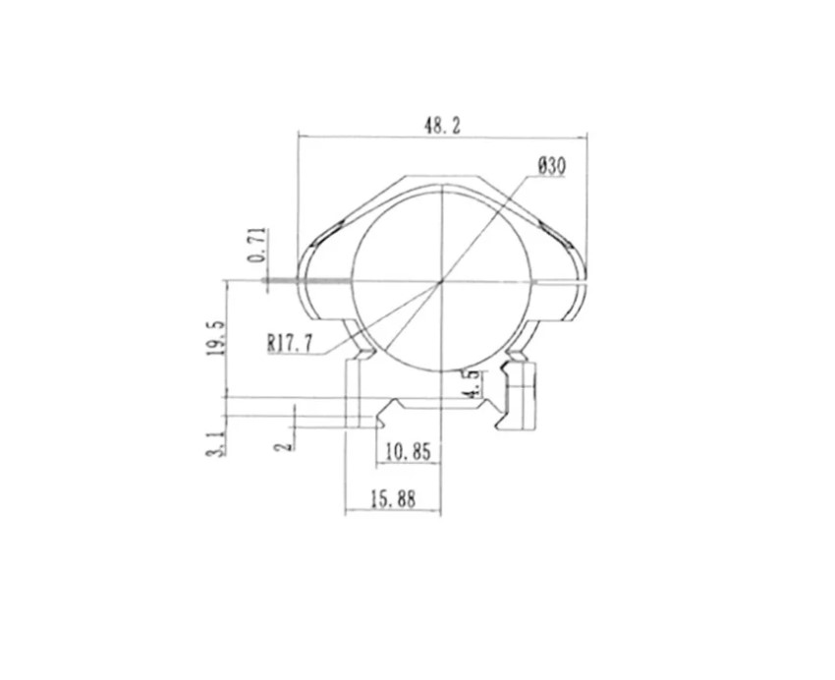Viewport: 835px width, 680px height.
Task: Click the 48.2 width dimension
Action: point(442,126)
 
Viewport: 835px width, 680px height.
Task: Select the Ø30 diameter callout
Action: point(551,166)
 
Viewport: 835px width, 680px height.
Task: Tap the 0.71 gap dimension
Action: point(257,245)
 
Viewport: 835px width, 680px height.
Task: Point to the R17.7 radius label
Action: point(290,343)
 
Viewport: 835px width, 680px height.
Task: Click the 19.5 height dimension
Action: point(216,338)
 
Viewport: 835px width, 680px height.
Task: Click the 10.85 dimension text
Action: point(408,452)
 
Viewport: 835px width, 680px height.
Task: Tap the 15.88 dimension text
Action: point(393,499)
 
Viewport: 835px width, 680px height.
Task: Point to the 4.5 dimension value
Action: point(473,384)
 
